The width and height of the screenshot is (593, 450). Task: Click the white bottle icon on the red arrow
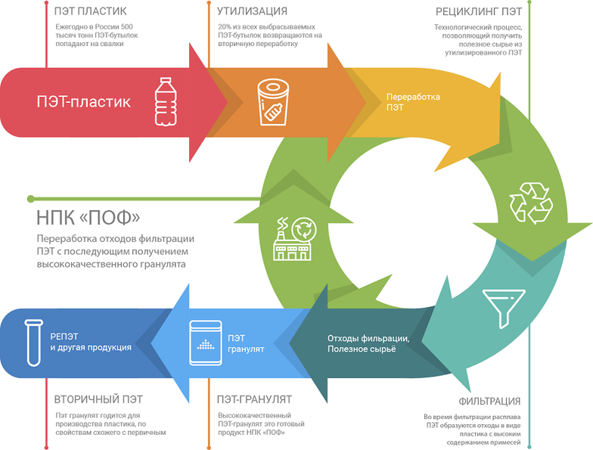pos(165,100)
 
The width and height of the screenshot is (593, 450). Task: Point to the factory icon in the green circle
pos(293,238)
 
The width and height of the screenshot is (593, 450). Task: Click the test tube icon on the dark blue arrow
pos(33,341)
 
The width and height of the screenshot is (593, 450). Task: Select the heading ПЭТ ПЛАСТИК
pos(91,11)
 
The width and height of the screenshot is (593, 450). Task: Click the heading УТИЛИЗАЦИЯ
pos(252,11)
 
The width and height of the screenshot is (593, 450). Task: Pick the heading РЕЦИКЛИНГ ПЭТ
pos(478,11)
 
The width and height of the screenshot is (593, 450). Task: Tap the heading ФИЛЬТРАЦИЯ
pos(489,401)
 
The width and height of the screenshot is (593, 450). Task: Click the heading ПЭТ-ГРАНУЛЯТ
pos(254,399)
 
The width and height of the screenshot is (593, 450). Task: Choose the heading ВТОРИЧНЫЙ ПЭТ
pos(98,399)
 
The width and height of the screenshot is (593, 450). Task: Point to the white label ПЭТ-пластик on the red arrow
pos(84,101)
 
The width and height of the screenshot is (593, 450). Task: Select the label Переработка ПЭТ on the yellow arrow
pos(413,102)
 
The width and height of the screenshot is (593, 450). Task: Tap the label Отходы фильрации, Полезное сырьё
pos(368,343)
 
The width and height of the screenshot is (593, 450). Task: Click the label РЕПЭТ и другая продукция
pos(91,341)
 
